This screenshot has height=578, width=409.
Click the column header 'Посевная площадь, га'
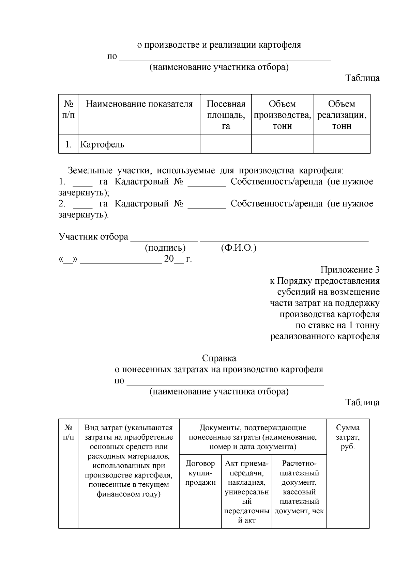pyautogui.click(x=226, y=115)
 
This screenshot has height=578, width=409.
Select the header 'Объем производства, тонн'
pyautogui.click(x=282, y=115)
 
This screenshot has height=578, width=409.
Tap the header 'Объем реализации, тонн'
pyautogui.click(x=342, y=115)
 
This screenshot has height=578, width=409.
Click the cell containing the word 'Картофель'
pyautogui.click(x=102, y=144)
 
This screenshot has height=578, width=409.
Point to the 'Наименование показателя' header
pyautogui.click(x=139, y=104)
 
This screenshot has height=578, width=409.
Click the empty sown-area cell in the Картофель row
pyautogui.click(x=226, y=144)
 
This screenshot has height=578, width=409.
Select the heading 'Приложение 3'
pyautogui.click(x=350, y=270)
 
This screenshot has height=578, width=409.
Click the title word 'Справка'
pyautogui.click(x=219, y=358)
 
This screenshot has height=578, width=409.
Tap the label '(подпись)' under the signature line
pyautogui.click(x=165, y=248)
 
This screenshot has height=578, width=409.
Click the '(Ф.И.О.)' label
pyautogui.click(x=239, y=248)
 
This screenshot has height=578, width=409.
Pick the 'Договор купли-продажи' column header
pyautogui.click(x=200, y=473)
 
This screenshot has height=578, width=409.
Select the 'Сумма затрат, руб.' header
pyautogui.click(x=348, y=437)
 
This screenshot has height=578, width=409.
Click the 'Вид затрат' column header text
pyautogui.click(x=128, y=460)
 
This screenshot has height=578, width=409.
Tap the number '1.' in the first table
pyautogui.click(x=69, y=144)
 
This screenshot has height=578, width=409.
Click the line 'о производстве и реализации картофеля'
pyautogui.click(x=219, y=45)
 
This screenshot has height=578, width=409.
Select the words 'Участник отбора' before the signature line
pyautogui.click(x=93, y=237)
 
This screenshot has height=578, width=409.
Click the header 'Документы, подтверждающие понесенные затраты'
pyautogui.click(x=253, y=437)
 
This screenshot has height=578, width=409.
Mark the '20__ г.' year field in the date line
pyautogui.click(x=178, y=259)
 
